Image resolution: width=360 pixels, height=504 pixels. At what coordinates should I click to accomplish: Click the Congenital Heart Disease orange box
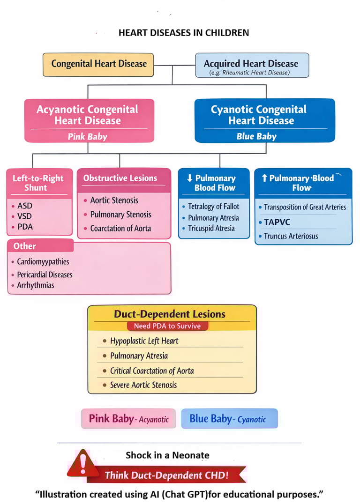click(x=98, y=64)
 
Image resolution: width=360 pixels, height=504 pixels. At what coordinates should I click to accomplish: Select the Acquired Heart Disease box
click(x=252, y=66)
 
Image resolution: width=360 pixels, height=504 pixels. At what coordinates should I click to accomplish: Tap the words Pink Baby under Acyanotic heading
click(x=88, y=137)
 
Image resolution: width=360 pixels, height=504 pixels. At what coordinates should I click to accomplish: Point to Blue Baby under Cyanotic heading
click(x=256, y=136)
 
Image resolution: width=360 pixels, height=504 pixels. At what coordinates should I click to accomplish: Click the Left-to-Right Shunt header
click(x=38, y=183)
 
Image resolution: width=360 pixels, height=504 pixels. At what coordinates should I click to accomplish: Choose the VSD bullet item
click(x=25, y=216)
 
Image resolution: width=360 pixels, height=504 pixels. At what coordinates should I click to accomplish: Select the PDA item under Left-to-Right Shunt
click(x=25, y=227)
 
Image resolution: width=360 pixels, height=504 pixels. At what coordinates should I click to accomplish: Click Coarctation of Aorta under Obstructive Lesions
click(x=120, y=229)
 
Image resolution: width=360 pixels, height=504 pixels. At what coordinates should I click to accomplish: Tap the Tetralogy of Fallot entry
click(x=213, y=206)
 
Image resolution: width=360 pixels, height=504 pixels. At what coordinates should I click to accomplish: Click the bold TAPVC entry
click(x=277, y=222)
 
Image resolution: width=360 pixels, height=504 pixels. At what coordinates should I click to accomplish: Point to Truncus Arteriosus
click(x=291, y=236)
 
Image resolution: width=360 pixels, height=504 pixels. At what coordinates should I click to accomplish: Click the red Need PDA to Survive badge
click(x=167, y=326)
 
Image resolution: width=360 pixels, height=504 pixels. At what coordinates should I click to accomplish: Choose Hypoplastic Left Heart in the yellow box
click(x=144, y=341)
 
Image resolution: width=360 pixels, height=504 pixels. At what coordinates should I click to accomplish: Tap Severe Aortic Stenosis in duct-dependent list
click(x=143, y=385)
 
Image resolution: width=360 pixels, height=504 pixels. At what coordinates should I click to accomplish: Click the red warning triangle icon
click(x=83, y=463)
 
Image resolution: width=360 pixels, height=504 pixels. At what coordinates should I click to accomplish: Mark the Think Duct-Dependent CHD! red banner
click(x=167, y=475)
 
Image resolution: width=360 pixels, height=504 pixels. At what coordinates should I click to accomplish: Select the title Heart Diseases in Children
click(x=184, y=33)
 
